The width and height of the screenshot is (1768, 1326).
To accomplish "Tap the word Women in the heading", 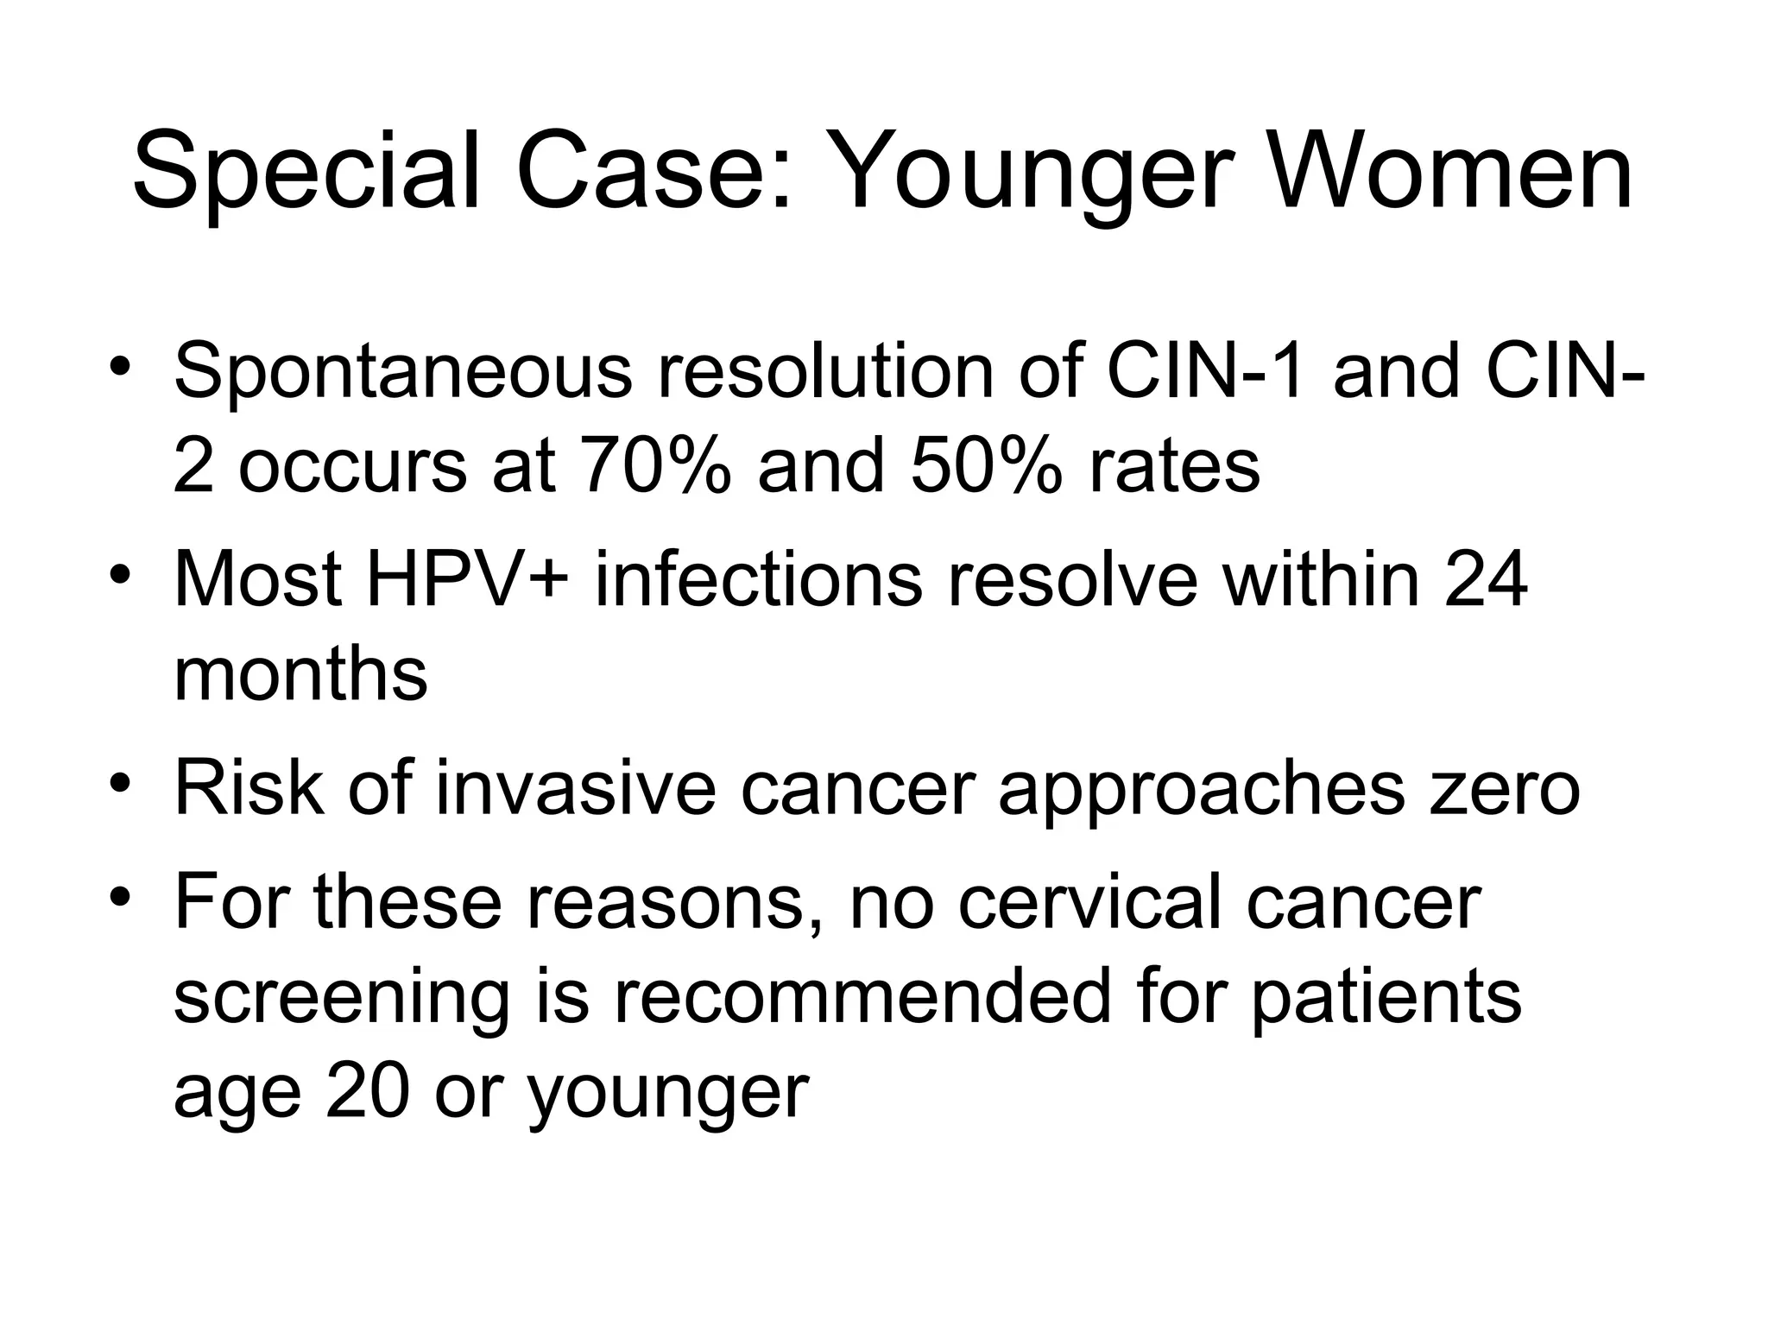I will coord(1451,170).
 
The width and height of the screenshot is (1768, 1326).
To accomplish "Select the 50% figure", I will coord(985,466).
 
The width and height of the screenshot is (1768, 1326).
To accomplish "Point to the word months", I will coord(300,675).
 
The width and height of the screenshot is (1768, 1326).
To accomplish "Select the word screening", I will coord(342,998).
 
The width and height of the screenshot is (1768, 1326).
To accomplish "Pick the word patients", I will coord(1386,998).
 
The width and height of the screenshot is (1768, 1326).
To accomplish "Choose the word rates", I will coord(1174,466).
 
